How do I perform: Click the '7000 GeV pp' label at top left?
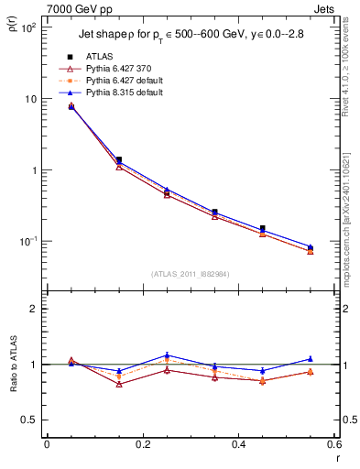pos(75,7)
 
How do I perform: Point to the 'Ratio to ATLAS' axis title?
pos(12,393)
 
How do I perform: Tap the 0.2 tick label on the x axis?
pos(142,446)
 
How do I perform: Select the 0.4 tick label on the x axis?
pos(238,446)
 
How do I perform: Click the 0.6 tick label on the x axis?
pos(333,446)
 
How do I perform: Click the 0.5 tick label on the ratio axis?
pos(29,420)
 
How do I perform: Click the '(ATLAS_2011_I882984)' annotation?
pos(191,273)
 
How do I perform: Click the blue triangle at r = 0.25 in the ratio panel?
pos(167,354)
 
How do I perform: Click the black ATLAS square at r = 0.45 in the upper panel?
pos(262,228)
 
